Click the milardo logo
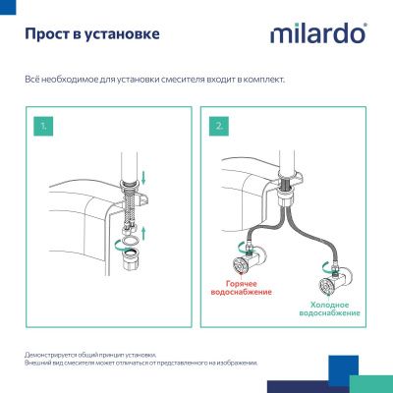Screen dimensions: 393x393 316,34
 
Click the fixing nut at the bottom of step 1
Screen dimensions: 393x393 131,264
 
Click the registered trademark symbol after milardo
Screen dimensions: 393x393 365,27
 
